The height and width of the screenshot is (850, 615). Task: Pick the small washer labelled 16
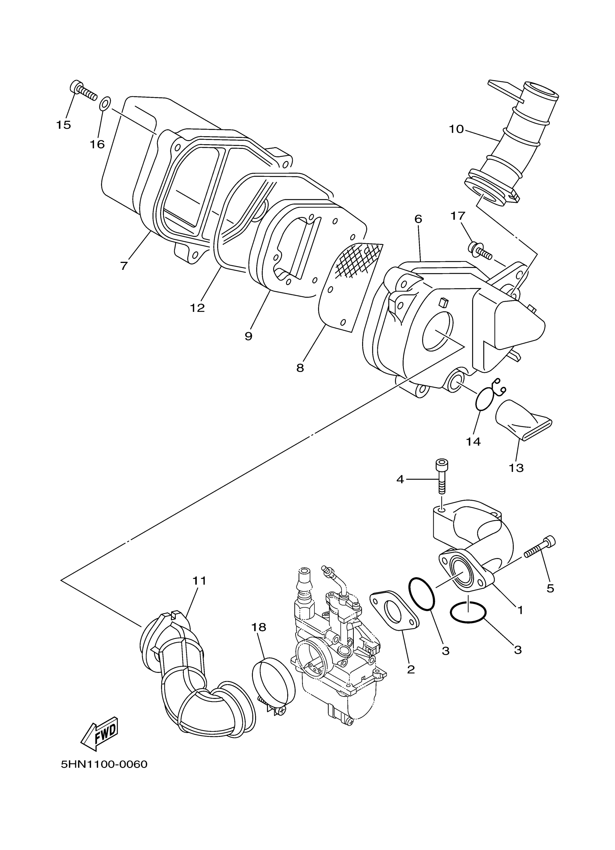point(105,103)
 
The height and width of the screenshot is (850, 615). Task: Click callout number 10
point(456,129)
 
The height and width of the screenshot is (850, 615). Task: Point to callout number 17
point(458,216)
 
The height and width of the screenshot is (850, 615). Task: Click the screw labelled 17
point(479,250)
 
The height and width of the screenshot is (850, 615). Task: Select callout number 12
point(197,308)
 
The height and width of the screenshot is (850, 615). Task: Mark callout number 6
point(418,219)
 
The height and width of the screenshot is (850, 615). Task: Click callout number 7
point(124,266)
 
